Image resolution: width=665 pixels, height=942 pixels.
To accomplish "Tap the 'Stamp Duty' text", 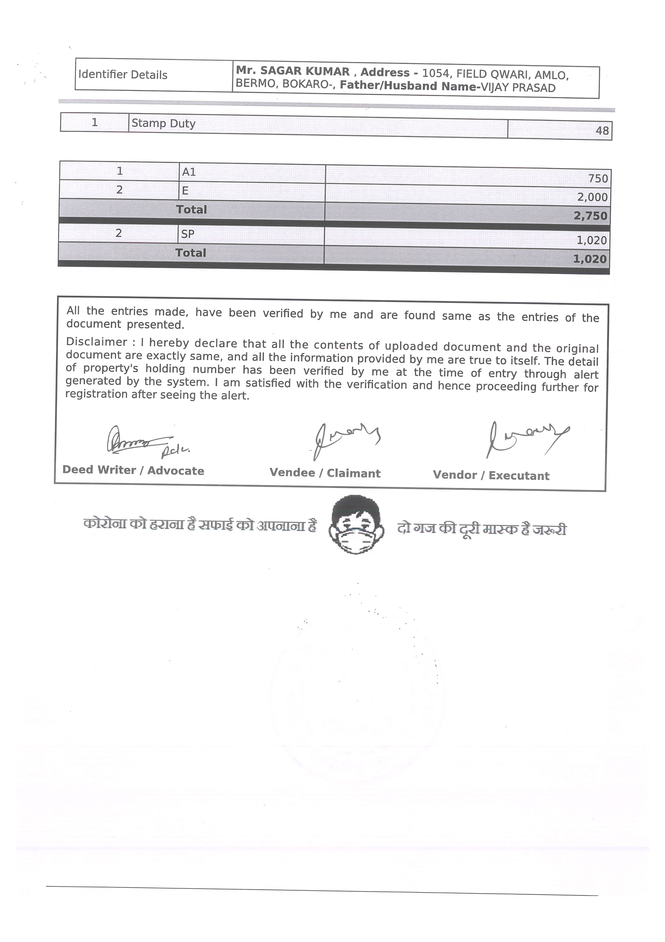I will pyautogui.click(x=163, y=123).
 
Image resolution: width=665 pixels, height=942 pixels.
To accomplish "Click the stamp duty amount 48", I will pyautogui.click(x=602, y=131).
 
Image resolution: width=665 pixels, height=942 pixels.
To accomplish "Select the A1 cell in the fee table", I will pyautogui.click(x=189, y=172).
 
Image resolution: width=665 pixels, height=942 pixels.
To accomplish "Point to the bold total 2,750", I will pyautogui.click(x=590, y=216).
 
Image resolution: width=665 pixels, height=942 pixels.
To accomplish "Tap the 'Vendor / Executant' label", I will pyautogui.click(x=491, y=476).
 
